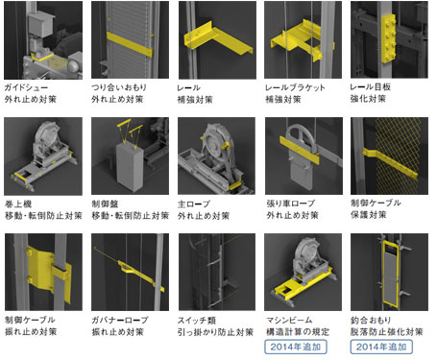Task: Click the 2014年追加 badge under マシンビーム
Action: (296, 347)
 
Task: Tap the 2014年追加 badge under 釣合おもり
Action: (381, 347)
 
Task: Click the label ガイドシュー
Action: (26, 87)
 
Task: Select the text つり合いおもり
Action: (119, 87)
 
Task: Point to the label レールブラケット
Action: (295, 87)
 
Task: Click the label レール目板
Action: (371, 86)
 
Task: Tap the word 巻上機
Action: (18, 204)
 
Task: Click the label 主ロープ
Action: (194, 204)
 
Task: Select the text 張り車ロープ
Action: (291, 203)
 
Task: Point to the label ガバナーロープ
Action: (120, 320)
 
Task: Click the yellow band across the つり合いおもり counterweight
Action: (130, 44)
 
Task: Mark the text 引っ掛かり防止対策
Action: (215, 332)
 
